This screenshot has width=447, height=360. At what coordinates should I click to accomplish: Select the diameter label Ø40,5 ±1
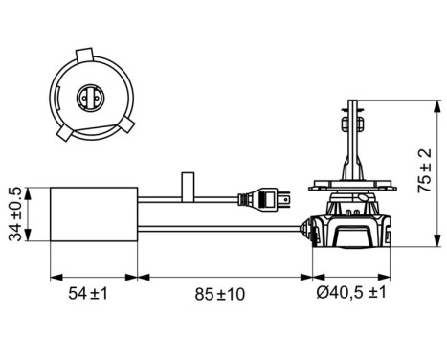(x=351, y=293)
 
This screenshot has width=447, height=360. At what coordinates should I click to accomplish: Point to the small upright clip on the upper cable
(x=188, y=183)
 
